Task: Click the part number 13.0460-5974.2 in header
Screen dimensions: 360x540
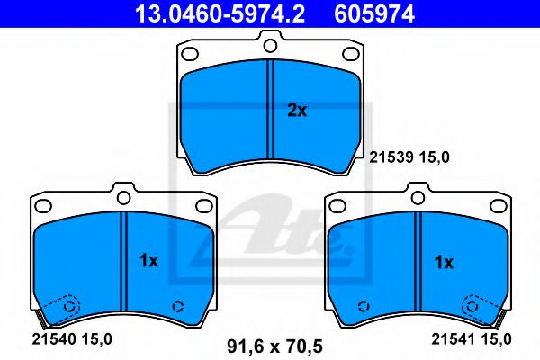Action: coord(195,13)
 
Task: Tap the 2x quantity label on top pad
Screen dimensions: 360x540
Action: coord(297,112)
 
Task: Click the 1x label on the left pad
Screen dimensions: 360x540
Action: coord(148,261)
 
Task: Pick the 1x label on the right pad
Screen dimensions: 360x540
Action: coord(443,262)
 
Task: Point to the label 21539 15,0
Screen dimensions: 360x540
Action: coord(409,157)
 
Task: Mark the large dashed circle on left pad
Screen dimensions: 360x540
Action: coord(67,305)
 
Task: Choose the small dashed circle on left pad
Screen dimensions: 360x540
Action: coord(178,304)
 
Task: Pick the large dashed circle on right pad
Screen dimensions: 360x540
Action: coord(472,305)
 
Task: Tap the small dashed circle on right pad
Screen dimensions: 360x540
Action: coord(363,305)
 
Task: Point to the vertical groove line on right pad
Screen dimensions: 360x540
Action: coord(418,261)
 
